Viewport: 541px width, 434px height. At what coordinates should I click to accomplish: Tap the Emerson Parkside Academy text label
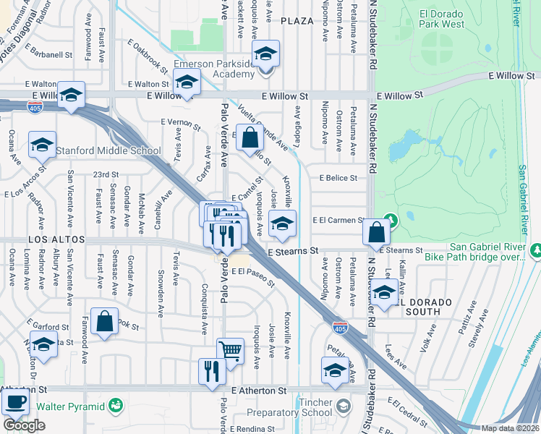[x=215, y=69]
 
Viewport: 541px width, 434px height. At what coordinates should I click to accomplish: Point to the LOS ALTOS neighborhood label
[x=57, y=239]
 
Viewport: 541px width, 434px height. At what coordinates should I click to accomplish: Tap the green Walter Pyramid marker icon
[x=115, y=406]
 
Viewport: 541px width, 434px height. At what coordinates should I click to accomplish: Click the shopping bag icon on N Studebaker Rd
[x=377, y=232]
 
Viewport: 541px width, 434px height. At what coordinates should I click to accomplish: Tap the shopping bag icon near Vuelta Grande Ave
[x=249, y=137]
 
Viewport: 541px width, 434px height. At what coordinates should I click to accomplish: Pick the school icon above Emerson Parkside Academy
[x=265, y=53]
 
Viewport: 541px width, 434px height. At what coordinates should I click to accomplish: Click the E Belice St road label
[x=333, y=178]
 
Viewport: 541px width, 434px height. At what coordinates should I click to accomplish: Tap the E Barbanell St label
[x=48, y=54]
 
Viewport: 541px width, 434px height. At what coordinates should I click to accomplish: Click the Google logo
[x=24, y=425]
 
